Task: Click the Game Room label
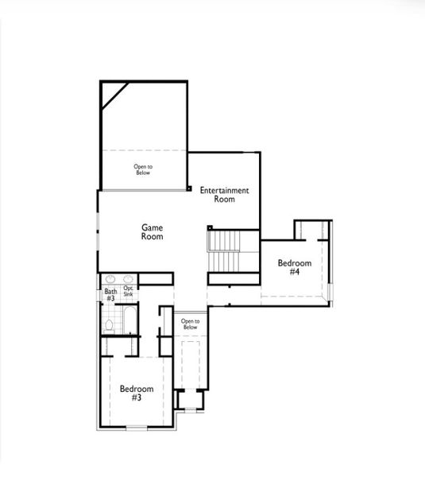(x=153, y=231)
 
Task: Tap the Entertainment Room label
(x=225, y=195)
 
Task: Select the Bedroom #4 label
(x=293, y=267)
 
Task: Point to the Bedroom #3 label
(x=136, y=393)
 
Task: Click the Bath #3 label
(x=110, y=295)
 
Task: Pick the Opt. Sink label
(x=128, y=292)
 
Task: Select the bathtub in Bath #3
(x=128, y=321)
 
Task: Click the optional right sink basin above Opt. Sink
(x=128, y=280)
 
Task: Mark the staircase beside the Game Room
(x=225, y=250)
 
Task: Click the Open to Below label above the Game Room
(x=142, y=169)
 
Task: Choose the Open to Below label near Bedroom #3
(x=190, y=324)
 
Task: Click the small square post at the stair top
(x=210, y=228)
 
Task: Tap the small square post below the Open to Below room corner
(x=189, y=188)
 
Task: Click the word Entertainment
(x=225, y=190)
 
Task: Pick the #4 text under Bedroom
(x=294, y=272)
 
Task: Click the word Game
(x=153, y=227)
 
